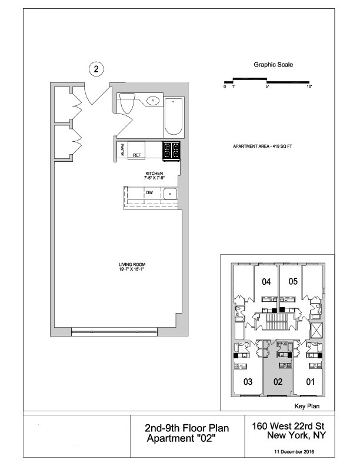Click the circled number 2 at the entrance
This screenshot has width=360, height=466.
click(x=98, y=69)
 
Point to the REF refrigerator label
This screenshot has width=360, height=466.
click(x=136, y=155)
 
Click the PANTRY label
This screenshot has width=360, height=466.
click(x=122, y=151)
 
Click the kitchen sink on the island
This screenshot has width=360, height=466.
click(x=171, y=193)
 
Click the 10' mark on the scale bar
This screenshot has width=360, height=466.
click(x=309, y=86)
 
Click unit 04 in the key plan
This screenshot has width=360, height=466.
click(x=266, y=282)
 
